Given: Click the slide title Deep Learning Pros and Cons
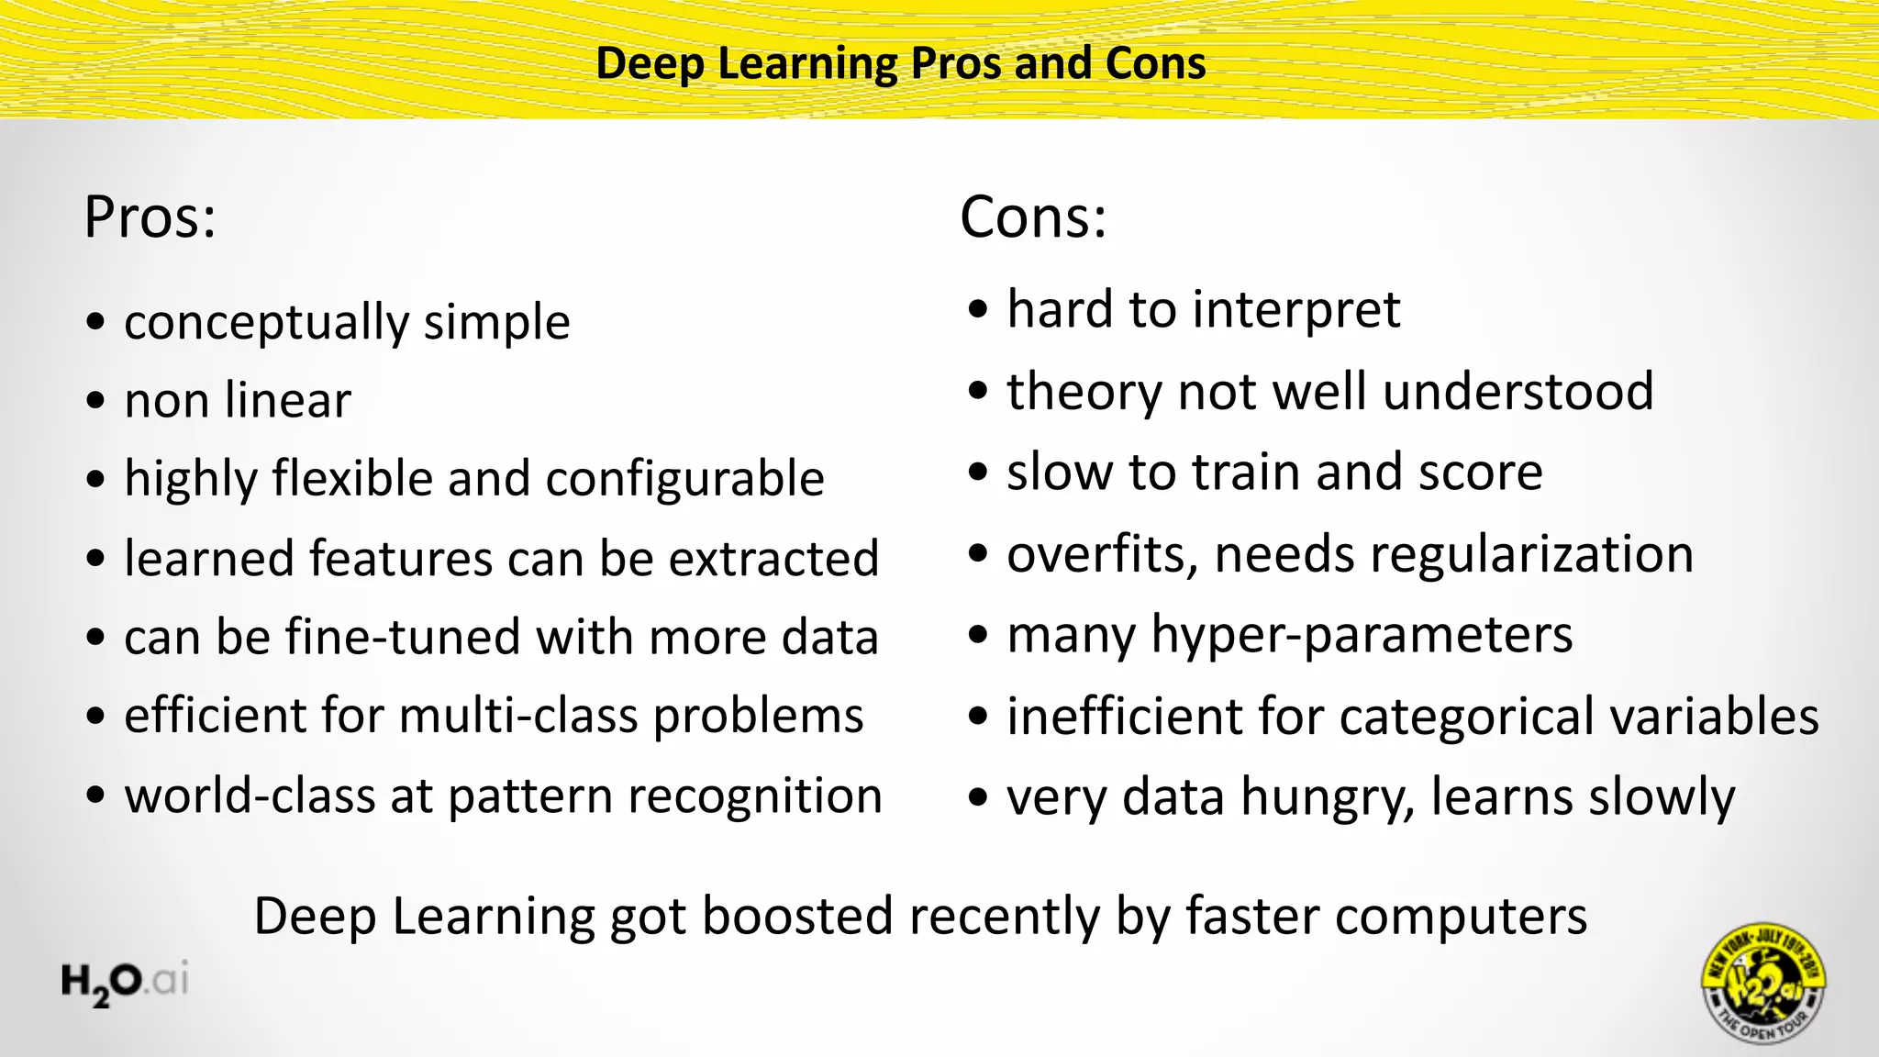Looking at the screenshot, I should click(x=901, y=64).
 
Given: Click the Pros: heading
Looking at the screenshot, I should click(x=150, y=218).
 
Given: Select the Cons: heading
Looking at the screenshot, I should click(x=1033, y=218).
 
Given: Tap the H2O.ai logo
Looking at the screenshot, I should click(x=126, y=982).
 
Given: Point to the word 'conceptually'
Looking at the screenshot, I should click(x=266, y=323).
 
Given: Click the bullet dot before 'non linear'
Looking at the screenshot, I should click(x=96, y=401).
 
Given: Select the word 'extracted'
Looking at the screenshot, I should click(x=773, y=559).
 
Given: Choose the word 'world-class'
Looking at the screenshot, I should click(x=250, y=796).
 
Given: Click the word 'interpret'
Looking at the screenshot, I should click(x=1295, y=310).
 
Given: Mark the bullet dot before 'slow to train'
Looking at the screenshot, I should click(x=979, y=473).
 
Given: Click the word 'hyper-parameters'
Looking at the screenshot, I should click(x=1362, y=635).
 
